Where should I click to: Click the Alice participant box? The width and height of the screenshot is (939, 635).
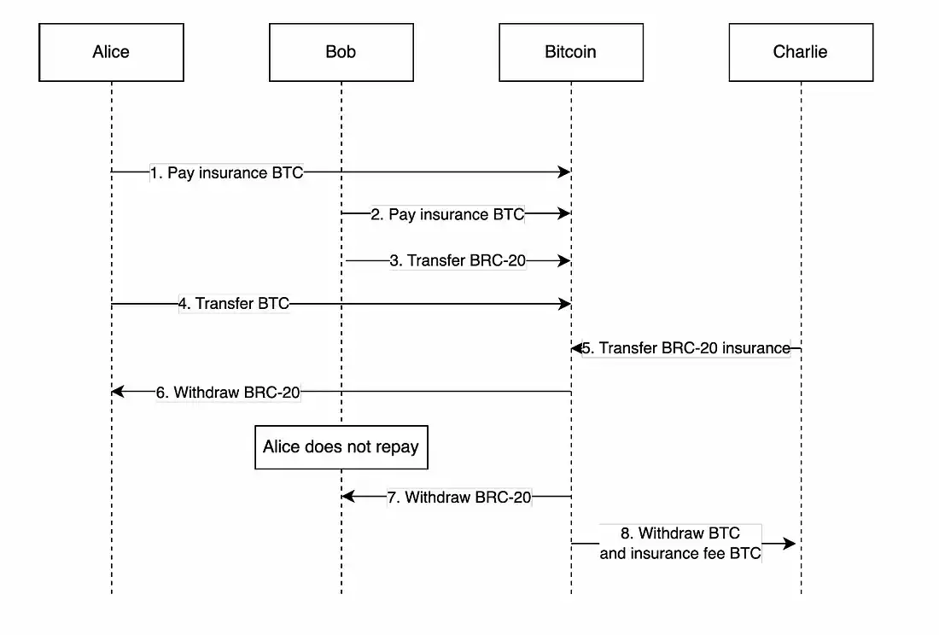point(111,52)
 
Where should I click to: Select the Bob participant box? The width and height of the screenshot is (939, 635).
point(341,52)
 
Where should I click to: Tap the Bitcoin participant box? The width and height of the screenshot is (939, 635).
point(570,52)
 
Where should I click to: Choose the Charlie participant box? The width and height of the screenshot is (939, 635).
point(800,52)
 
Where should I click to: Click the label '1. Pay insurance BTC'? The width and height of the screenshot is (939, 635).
point(226,172)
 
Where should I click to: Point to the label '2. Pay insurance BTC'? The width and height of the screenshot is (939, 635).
point(447,214)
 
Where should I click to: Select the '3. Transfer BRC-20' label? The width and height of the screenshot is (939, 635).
point(458,260)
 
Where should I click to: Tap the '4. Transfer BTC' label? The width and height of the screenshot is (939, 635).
point(234,303)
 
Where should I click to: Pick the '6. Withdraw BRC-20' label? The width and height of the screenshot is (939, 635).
point(228,393)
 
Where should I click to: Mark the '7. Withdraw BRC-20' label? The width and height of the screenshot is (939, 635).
point(458,497)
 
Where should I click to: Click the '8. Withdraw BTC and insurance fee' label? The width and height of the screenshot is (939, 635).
point(679,544)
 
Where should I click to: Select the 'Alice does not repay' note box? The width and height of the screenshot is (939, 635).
point(341,447)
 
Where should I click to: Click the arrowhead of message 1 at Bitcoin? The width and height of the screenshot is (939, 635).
point(563,172)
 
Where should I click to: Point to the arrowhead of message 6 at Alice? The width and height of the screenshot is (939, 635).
point(119,392)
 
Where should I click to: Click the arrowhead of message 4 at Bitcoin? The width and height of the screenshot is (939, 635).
point(563,303)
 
